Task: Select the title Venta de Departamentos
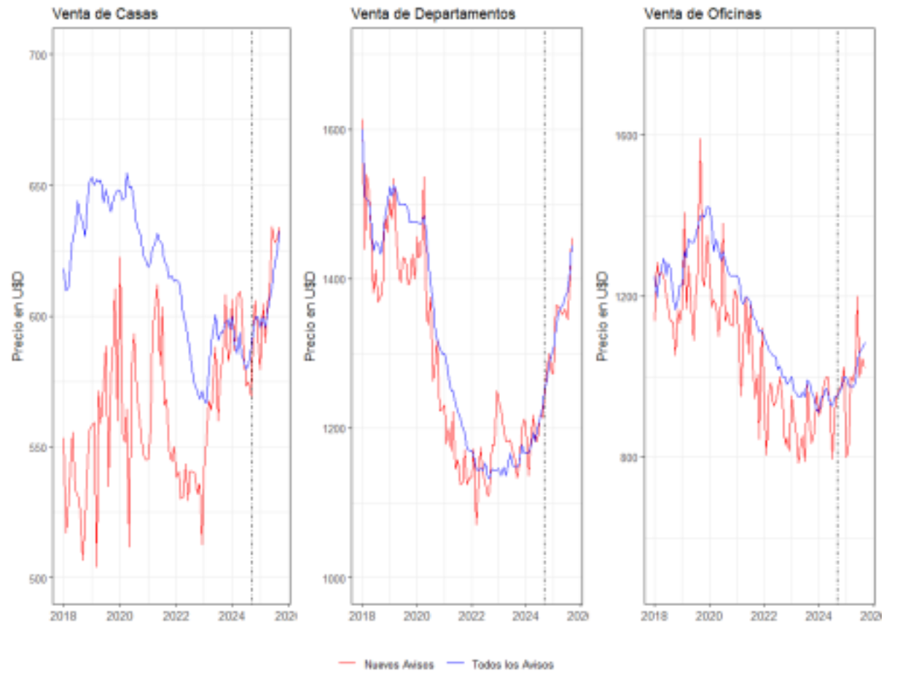point(423,14)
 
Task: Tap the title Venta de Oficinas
point(702,14)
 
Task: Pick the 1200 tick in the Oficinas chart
point(628,296)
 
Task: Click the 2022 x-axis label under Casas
point(176,617)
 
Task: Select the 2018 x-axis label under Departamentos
point(362,617)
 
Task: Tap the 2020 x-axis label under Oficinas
point(709,617)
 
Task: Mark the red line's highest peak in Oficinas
point(700,139)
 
